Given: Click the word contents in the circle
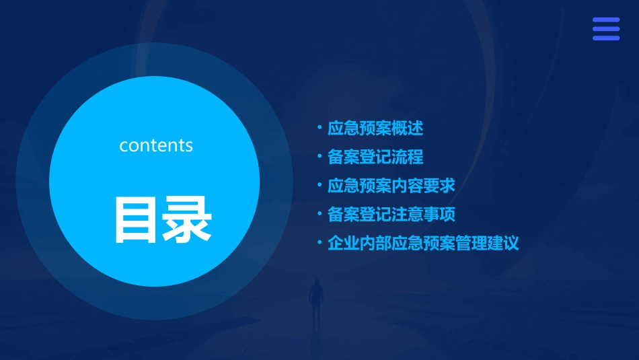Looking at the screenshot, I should [x=156, y=145].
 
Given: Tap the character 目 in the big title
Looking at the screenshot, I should [x=137, y=220].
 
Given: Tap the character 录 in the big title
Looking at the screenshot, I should [x=188, y=220].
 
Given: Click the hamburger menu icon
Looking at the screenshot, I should [x=605, y=29].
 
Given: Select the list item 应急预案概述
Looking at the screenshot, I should [x=375, y=128].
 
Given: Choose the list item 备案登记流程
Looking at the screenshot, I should [x=375, y=157].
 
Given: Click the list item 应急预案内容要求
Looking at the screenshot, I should [x=391, y=185].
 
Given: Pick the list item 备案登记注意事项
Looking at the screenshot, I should [x=391, y=215].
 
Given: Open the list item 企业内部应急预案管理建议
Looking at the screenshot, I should [x=423, y=243].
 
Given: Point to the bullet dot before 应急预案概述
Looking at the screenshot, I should [x=319, y=127].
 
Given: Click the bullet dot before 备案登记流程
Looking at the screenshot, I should [x=319, y=155].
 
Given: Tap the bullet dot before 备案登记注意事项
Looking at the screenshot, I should [x=319, y=213].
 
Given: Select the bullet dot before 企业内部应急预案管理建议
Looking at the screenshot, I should [x=319, y=242].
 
